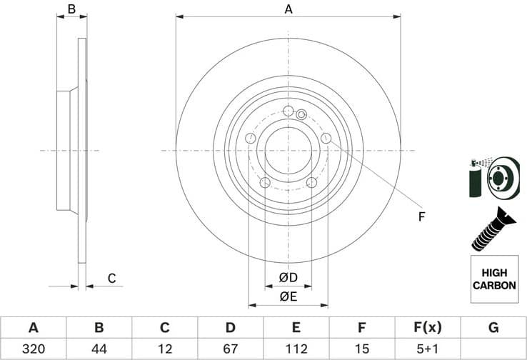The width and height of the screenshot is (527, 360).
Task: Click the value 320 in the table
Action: point(33,349)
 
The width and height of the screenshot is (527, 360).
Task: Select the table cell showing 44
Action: point(99,349)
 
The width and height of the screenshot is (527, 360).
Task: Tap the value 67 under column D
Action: point(231,349)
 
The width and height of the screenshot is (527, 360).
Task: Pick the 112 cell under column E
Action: point(296,349)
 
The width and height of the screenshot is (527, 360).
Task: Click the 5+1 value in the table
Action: point(428,349)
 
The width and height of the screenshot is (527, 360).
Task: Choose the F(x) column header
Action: point(428,328)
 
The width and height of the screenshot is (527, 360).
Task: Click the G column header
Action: point(493,328)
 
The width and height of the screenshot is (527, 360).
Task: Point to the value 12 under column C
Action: point(164,349)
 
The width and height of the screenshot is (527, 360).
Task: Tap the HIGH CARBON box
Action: point(493,279)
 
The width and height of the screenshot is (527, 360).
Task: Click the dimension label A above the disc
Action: point(288,9)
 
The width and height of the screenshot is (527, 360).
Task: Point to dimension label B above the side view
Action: point(71,9)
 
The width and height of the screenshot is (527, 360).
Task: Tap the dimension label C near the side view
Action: point(111,279)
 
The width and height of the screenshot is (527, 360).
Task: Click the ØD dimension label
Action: point(288,277)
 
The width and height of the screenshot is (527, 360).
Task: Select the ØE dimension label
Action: point(288,296)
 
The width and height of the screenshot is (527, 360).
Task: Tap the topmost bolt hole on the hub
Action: point(288,111)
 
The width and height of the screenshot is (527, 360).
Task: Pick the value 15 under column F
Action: point(362,349)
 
